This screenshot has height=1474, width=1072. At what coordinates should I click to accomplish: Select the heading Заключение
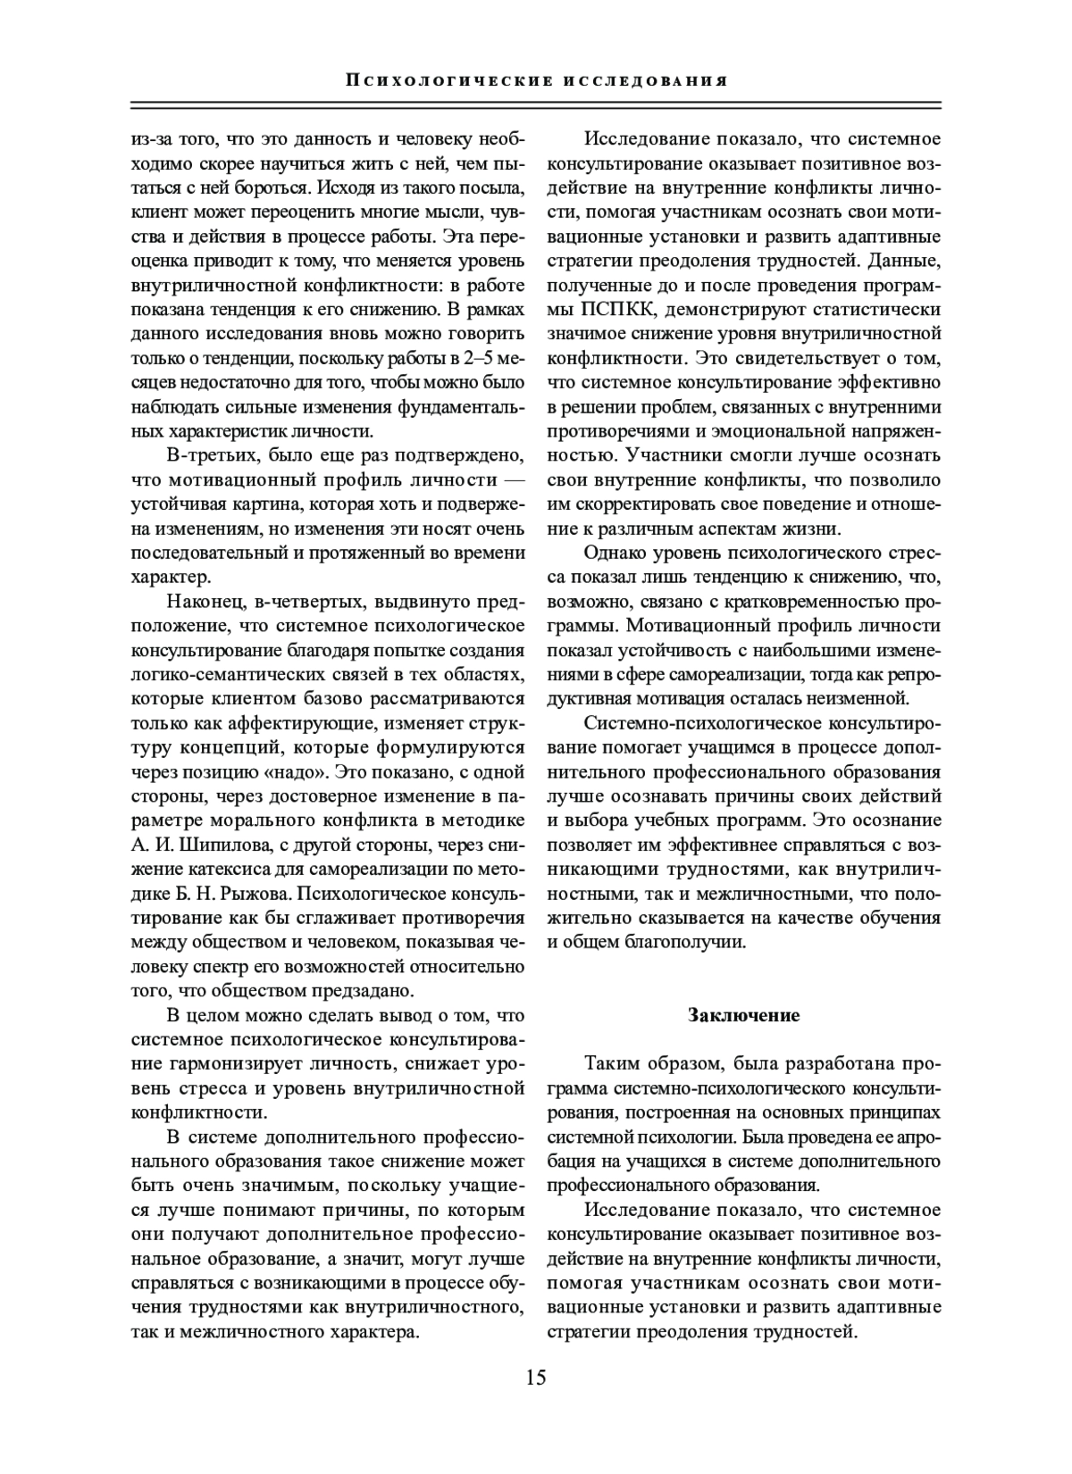click(x=743, y=1014)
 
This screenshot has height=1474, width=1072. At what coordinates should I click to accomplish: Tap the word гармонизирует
click(x=236, y=1063)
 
